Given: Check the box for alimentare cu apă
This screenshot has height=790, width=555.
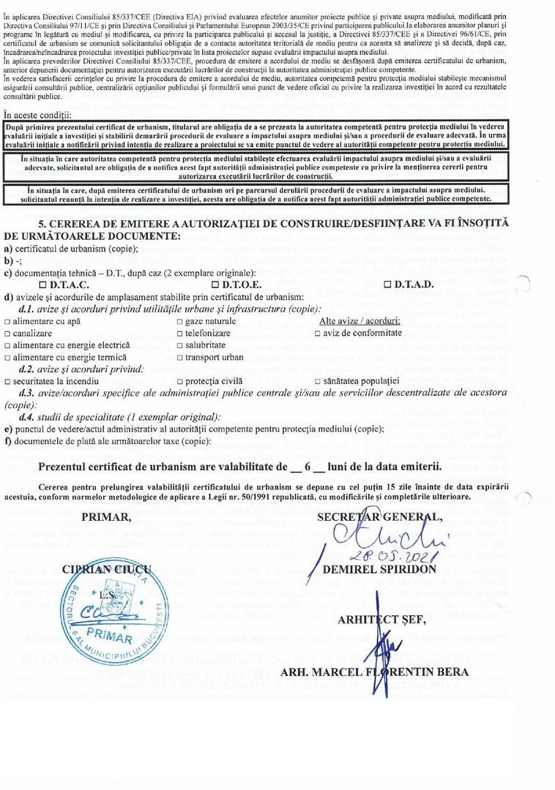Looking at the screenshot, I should pyautogui.click(x=7, y=321).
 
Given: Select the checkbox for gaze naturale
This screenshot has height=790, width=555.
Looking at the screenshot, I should pyautogui.click(x=180, y=321).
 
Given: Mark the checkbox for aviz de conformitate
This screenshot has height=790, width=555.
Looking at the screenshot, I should pyautogui.click(x=317, y=333).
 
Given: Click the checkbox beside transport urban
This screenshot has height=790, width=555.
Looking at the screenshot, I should pyautogui.click(x=180, y=357).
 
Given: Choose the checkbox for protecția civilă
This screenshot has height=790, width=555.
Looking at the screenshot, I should pyautogui.click(x=180, y=381).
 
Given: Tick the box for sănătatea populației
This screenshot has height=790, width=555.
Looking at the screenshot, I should pyautogui.click(x=317, y=381).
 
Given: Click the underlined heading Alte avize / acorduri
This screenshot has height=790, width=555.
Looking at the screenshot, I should pyautogui.click(x=360, y=320).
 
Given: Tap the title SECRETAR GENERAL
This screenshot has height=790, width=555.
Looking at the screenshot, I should pyautogui.click(x=379, y=517).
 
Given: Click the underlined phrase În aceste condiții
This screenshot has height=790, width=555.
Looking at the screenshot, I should pyautogui.click(x=38, y=115).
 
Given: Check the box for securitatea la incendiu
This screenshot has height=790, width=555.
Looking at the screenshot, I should pyautogui.click(x=7, y=381).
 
